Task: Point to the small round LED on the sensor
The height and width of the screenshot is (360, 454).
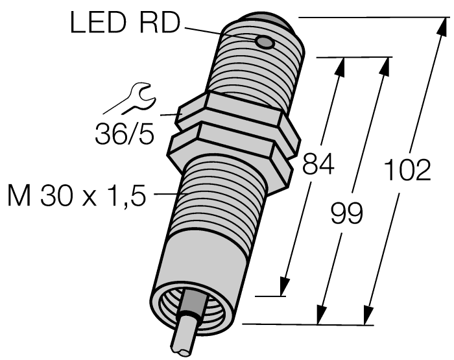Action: (265, 43)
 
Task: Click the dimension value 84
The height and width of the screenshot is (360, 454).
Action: (318, 166)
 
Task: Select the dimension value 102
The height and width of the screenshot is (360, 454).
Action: (407, 170)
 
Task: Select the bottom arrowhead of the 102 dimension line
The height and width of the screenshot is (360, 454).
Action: (368, 317)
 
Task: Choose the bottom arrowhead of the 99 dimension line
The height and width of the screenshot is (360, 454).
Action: (320, 317)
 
